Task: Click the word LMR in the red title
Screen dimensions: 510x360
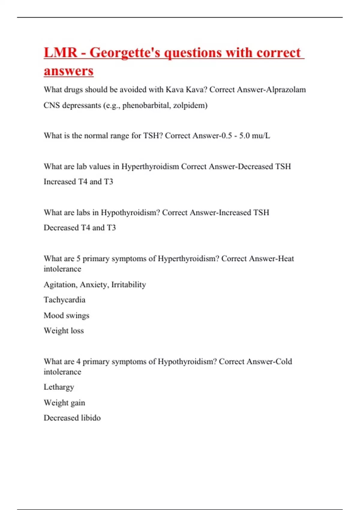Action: tap(61, 52)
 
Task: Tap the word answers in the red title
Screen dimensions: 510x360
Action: tap(69, 71)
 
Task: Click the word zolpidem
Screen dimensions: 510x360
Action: tap(189, 105)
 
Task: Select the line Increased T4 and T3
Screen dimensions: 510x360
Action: tap(78, 181)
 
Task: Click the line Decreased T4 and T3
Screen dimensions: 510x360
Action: tap(80, 228)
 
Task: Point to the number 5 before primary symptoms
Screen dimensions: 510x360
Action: tap(78, 259)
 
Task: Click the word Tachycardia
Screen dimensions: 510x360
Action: tap(64, 300)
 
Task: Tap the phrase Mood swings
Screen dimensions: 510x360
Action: tap(66, 315)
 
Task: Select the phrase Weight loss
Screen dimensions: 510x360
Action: tap(64, 331)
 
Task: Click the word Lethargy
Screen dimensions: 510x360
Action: tap(59, 387)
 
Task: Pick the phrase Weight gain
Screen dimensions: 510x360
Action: tap(64, 403)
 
